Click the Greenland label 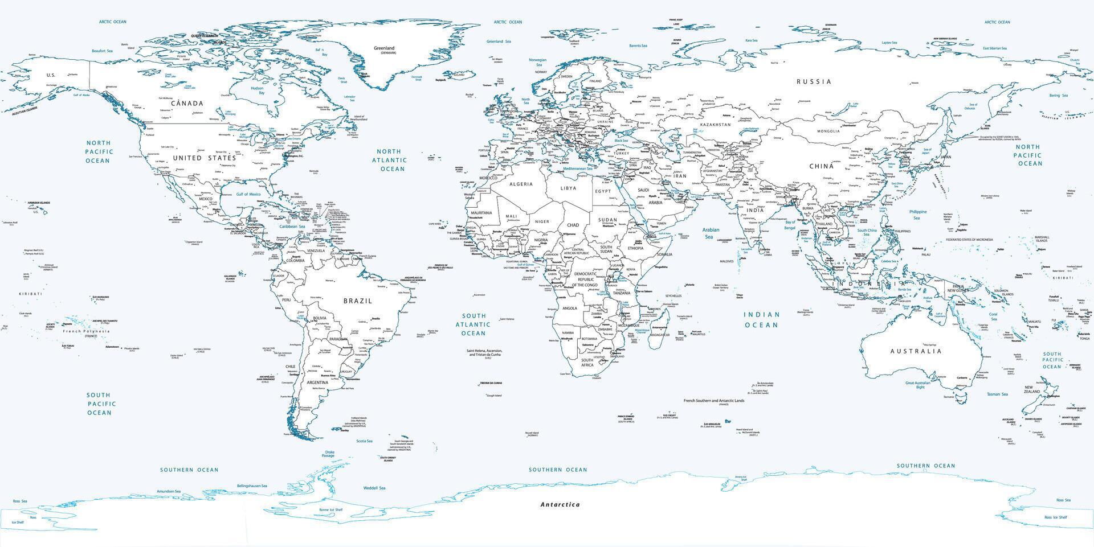[383, 48]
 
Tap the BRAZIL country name [357, 301]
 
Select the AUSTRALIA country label [916, 351]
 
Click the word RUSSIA [814, 81]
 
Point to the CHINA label [821, 166]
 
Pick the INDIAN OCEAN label [761, 319]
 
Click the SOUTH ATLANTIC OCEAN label [473, 324]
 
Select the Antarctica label [560, 504]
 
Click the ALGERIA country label [521, 184]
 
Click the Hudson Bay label [258, 91]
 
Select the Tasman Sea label [997, 394]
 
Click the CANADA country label [187, 104]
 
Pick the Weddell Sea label [374, 488]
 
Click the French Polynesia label [86, 331]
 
